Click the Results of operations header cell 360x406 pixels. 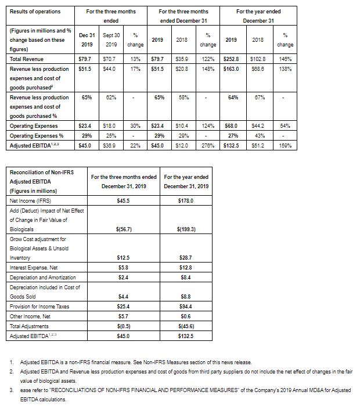pyautogui.click(x=35, y=12)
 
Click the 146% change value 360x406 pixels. pyautogui.click(x=285, y=59)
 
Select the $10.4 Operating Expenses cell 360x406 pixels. pyautogui.click(x=183, y=126)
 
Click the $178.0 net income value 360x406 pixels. pyautogui.click(x=186, y=200)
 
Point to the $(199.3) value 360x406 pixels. pyautogui.click(x=186, y=229)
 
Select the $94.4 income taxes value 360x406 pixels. pyautogui.click(x=186, y=306)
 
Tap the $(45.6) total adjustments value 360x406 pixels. pyautogui.click(x=186, y=326)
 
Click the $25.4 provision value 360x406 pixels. pyautogui.click(x=123, y=306)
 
